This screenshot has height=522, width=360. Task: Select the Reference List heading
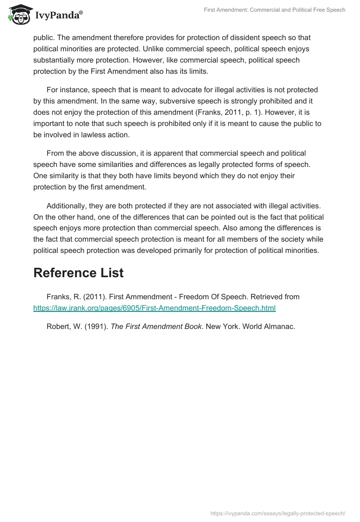78,273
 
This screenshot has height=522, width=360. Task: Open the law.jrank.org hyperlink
154,308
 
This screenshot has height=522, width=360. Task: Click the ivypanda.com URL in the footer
278,513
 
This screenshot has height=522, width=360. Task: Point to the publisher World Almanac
269,327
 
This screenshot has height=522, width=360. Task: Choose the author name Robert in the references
58,327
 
